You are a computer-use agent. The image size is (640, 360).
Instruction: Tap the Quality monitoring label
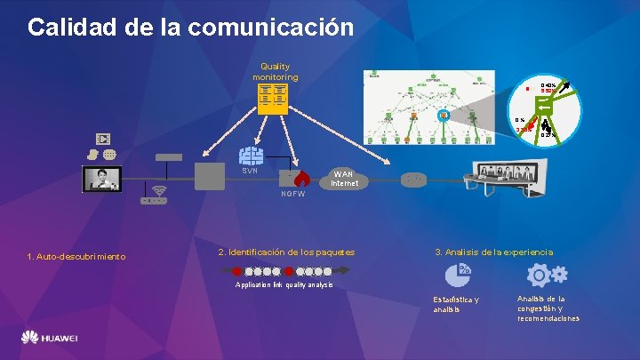(275, 71)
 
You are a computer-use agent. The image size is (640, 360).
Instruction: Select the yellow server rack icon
(273, 98)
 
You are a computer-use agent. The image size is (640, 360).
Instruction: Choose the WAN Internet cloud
(344, 178)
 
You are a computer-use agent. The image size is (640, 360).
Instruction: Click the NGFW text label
(292, 194)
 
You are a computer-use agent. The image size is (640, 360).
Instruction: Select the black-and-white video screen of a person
(101, 178)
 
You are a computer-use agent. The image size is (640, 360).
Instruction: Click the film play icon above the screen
(103, 139)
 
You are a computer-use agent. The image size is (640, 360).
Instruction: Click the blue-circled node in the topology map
(444, 115)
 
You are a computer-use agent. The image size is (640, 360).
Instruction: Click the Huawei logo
(50, 339)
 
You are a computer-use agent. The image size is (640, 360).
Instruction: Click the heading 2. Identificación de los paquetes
(286, 252)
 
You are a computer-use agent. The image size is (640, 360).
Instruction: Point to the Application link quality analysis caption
(284, 285)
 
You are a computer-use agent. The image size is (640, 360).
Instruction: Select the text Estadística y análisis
(455, 304)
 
